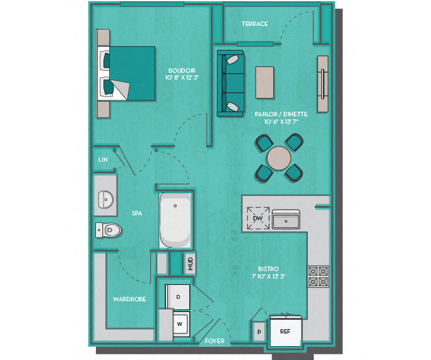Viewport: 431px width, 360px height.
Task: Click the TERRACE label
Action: coord(254,24)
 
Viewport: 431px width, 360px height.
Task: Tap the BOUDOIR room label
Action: coord(181,70)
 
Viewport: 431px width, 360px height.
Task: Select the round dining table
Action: coord(279,158)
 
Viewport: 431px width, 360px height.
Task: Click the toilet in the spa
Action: coord(108,230)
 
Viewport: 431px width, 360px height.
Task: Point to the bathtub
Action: coord(175,222)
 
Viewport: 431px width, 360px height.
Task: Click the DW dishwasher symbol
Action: coord(257,219)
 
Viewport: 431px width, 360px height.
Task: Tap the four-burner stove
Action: coord(318,275)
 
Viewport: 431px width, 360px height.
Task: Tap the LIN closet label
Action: coord(103,160)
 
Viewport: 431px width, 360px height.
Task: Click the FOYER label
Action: coord(215,341)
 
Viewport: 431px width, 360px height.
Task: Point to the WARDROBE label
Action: coord(130,299)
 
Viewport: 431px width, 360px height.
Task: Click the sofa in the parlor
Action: coord(230,83)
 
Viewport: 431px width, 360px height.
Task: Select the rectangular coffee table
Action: coord(264,82)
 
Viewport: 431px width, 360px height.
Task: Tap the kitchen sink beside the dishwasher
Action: coord(286,219)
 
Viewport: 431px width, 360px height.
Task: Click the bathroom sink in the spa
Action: coord(105,199)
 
